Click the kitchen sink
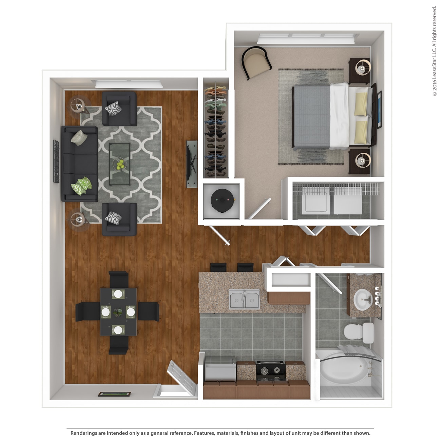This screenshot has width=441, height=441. (x=244, y=299)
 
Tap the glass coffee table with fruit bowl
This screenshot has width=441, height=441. (x=120, y=164)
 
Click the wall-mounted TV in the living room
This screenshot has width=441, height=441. (x=192, y=164)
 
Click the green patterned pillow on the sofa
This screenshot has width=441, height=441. (x=81, y=186)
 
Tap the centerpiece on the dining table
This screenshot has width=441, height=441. (x=118, y=312)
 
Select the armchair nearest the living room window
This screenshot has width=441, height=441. (x=119, y=109)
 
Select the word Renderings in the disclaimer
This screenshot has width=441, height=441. (x=84, y=433)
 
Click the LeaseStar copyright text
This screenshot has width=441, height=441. (x=435, y=51)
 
